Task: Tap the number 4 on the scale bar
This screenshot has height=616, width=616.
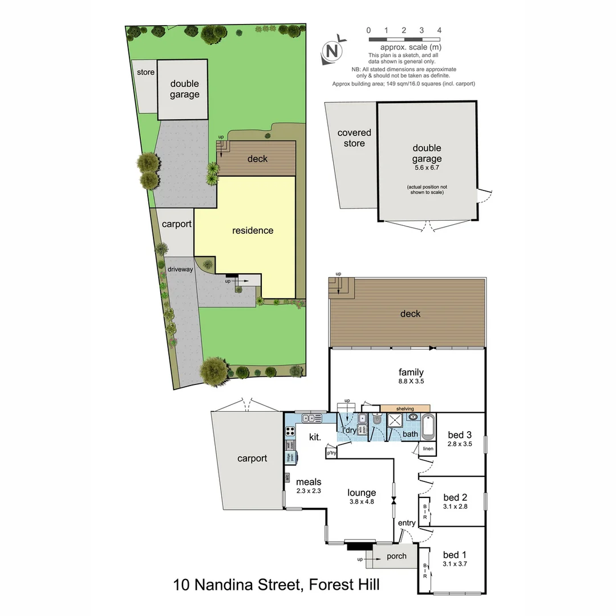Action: [439, 30]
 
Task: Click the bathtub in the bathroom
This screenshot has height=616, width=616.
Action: [428, 426]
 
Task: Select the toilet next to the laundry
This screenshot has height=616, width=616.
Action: [376, 421]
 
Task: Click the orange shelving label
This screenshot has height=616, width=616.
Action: [406, 408]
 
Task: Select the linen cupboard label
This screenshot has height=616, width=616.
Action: [428, 449]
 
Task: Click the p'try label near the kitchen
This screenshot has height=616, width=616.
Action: [331, 453]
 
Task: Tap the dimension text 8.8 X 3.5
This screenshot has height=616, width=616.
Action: [411, 382]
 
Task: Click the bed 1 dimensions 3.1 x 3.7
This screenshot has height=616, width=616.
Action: [455, 565]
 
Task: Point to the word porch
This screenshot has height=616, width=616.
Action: [396, 556]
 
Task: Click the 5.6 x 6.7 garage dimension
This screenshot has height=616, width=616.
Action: [427, 168]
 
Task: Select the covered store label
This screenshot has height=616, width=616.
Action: [354, 138]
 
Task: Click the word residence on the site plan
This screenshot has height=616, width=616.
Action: [253, 230]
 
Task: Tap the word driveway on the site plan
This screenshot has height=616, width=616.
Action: [180, 269]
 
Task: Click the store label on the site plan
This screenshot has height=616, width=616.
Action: [145, 72]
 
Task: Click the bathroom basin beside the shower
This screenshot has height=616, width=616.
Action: [412, 417]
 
